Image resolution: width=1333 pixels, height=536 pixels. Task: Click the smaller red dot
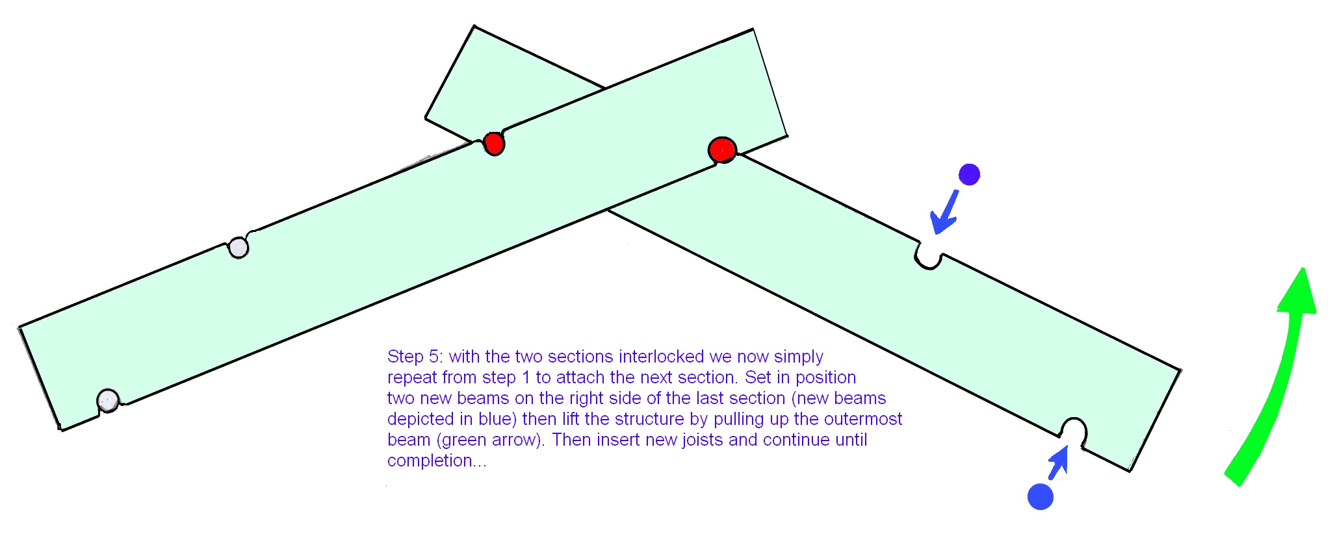[494, 143]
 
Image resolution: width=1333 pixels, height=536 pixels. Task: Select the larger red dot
[721, 150]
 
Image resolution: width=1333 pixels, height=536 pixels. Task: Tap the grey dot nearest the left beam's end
[107, 400]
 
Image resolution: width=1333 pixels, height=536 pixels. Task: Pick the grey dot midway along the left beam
[239, 248]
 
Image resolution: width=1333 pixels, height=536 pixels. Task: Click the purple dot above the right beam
[969, 174]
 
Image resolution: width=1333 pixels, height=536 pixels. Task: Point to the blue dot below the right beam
[1040, 496]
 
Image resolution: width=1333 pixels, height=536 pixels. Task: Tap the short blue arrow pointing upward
[1059, 461]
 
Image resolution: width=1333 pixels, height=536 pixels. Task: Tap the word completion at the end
[430, 461]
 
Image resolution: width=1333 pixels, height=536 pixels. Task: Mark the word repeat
[412, 377]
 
